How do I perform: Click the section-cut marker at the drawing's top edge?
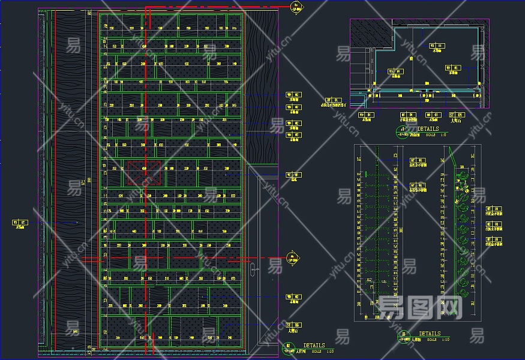pos(295,7)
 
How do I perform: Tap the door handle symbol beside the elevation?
pos(257,269)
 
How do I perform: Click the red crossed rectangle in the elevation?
pos(144,172)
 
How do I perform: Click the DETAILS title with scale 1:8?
pos(428,129)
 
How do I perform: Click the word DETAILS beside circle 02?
pos(314,346)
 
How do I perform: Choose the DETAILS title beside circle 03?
pos(429,334)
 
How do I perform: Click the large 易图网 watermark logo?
pos(420,308)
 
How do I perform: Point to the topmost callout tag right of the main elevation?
pos(294,95)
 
